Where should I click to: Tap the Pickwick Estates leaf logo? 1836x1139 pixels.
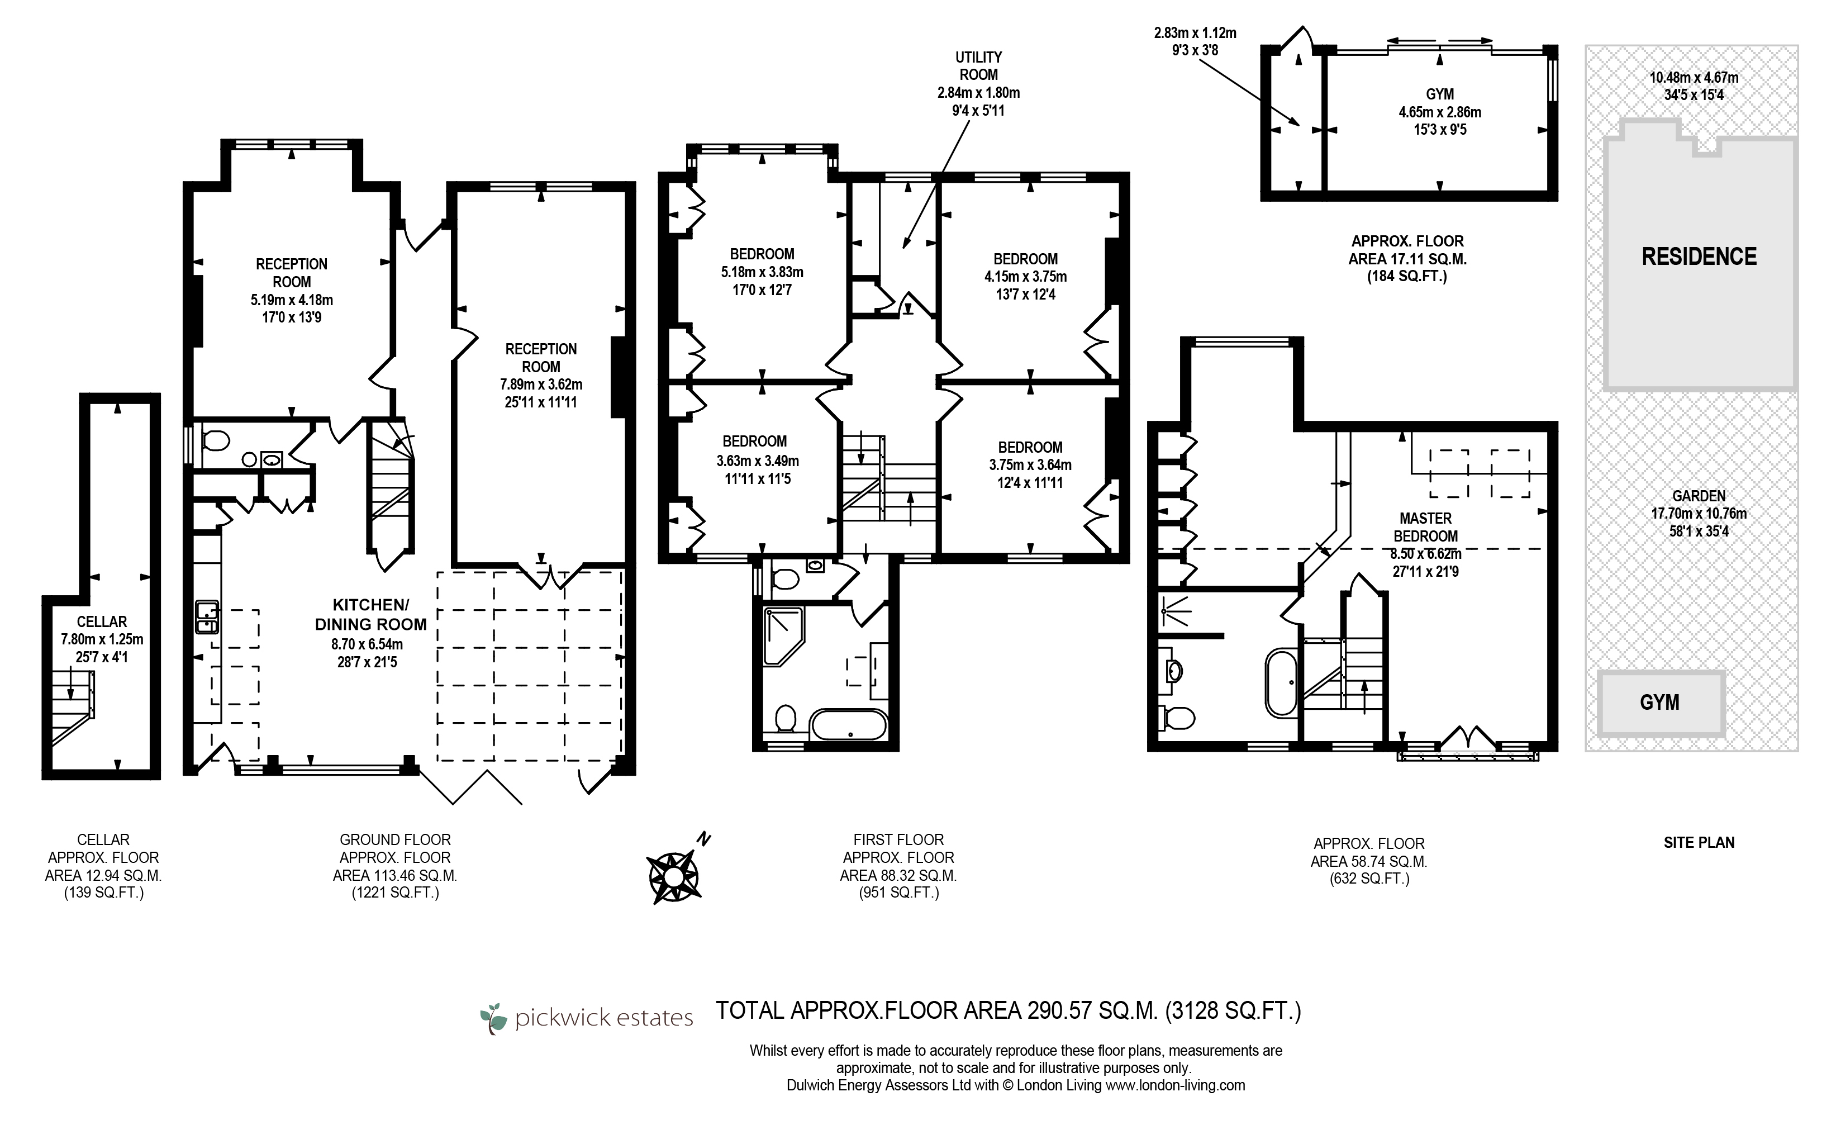pos(494,1018)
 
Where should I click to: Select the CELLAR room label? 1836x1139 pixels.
pos(102,622)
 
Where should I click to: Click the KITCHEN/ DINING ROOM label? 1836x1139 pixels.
pos(370,615)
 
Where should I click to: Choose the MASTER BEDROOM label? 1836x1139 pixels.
pos(1425,528)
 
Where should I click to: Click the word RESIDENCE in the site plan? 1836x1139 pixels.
pos(1699,257)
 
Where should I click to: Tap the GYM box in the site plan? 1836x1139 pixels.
pos(1661,703)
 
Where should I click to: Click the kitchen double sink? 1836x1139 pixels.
pos(207,617)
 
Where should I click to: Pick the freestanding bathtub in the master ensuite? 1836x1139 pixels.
pos(1281,682)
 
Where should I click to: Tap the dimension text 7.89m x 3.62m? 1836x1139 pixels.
pos(541,384)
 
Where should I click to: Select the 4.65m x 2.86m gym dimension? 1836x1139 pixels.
pos(1440,112)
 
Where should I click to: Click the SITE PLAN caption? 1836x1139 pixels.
pos(1699,842)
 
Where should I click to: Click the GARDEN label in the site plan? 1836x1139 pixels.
pos(1699,496)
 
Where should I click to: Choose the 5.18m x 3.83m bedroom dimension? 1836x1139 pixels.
pos(762,272)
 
